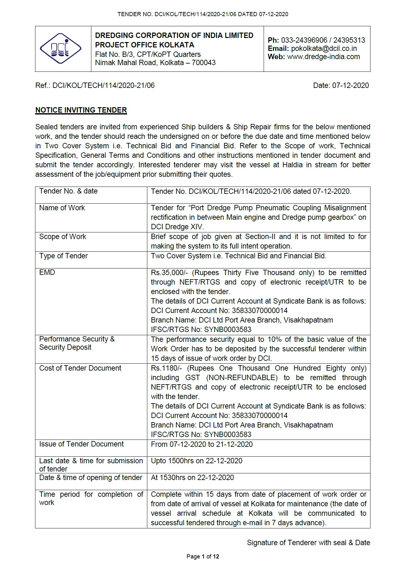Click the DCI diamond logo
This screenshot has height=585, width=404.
click(61, 49)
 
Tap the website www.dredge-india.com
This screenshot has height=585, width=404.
click(323, 57)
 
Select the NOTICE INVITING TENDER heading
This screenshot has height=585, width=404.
click(81, 110)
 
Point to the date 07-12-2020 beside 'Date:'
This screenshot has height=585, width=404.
click(350, 85)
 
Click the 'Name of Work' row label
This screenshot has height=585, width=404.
click(62, 208)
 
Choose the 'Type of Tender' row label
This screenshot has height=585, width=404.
click(63, 256)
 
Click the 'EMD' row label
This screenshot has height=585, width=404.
click(47, 272)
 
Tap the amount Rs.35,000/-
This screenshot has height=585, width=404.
click(169, 273)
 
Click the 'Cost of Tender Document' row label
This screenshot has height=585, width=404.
click(80, 368)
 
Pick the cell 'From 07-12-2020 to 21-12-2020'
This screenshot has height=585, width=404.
click(202, 444)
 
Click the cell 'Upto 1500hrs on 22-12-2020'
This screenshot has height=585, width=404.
click(197, 461)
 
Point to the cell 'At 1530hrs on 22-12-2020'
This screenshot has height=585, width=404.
click(192, 477)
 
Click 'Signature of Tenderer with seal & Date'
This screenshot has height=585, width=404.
click(308, 543)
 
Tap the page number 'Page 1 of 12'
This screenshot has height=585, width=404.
click(203, 557)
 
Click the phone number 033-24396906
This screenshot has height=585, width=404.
click(304, 40)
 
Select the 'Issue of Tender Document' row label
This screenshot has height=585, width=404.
click(81, 444)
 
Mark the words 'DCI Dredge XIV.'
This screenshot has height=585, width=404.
click(177, 227)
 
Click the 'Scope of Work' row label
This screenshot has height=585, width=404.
click(63, 237)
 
